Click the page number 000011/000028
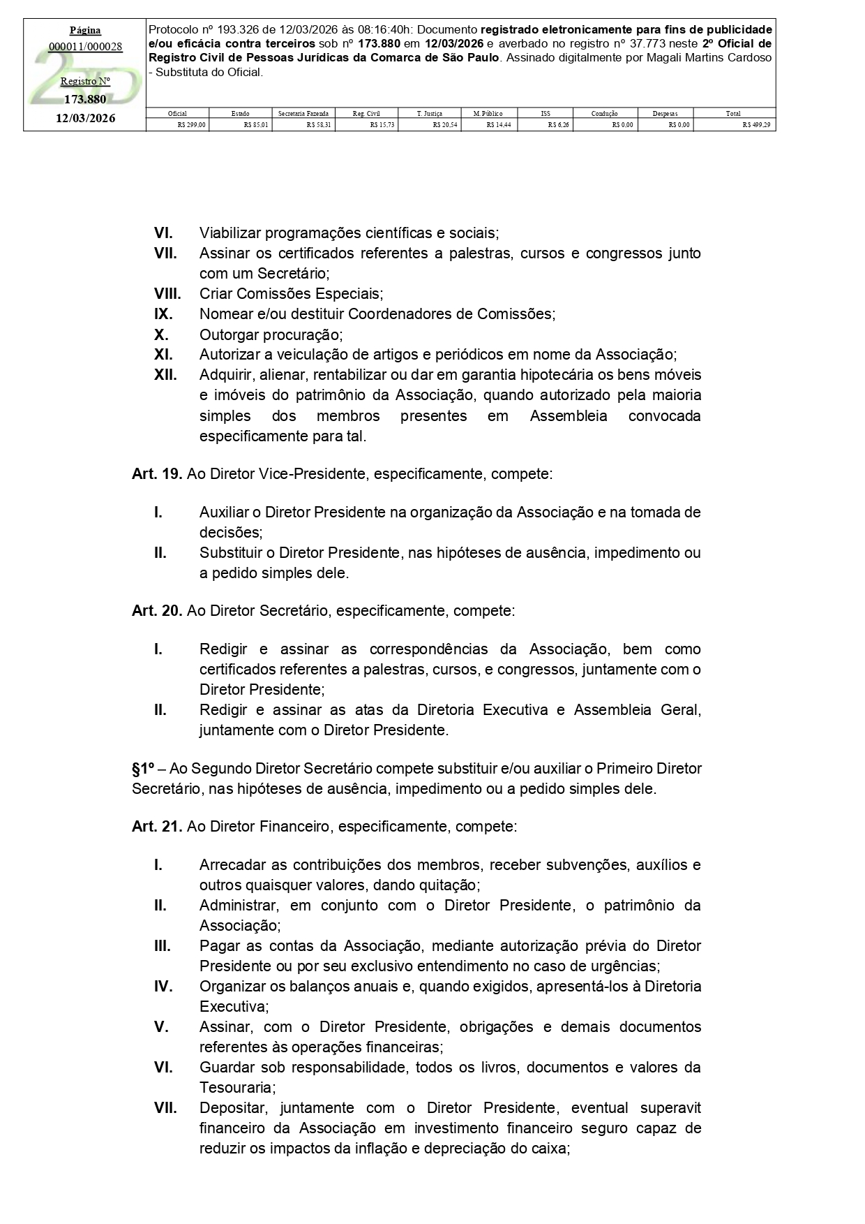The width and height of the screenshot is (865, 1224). pyautogui.click(x=85, y=47)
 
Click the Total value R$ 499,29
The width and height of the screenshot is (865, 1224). pyautogui.click(x=756, y=125)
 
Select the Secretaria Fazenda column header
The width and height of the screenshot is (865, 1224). pyautogui.click(x=303, y=113)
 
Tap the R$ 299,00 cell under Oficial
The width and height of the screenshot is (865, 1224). pyautogui.click(x=191, y=125)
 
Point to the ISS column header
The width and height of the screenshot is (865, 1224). pyautogui.click(x=545, y=113)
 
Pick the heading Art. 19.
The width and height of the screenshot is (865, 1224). pyautogui.click(x=157, y=474)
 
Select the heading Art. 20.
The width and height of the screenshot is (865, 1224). pyautogui.click(x=157, y=611)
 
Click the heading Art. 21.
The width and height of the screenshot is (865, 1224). pyautogui.click(x=157, y=827)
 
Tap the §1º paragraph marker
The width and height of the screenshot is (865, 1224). pyautogui.click(x=143, y=769)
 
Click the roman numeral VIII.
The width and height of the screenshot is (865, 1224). pyautogui.click(x=167, y=294)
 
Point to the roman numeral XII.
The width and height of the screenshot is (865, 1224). pyautogui.click(x=165, y=375)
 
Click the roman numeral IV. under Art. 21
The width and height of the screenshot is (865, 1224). pyautogui.click(x=163, y=987)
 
